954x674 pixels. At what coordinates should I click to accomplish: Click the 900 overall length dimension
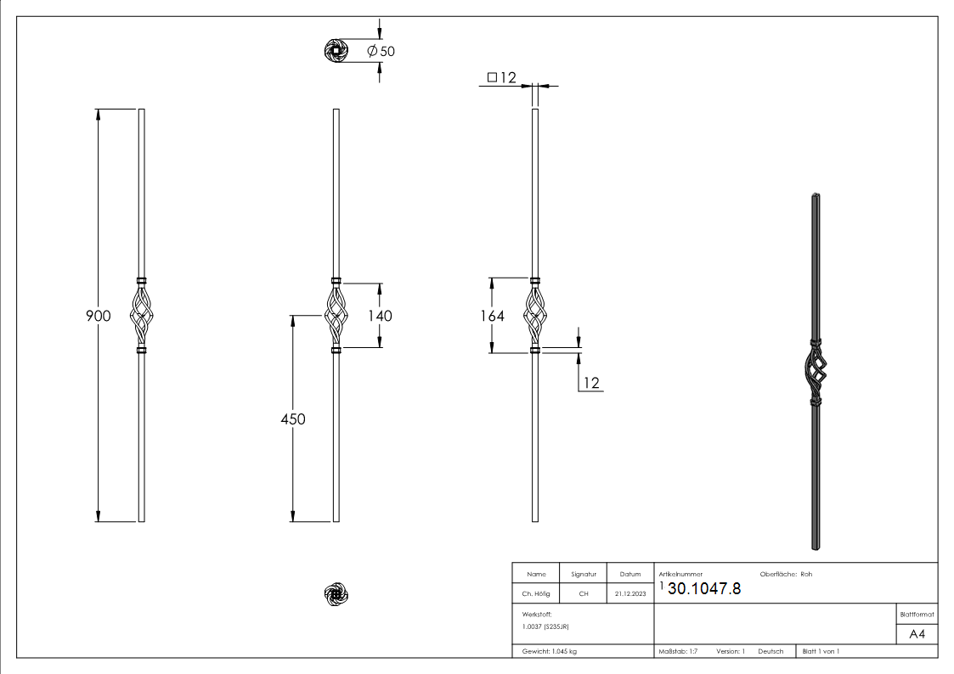[99, 316]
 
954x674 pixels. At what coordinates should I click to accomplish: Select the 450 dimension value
[293, 419]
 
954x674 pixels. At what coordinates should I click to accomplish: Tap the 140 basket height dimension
[380, 316]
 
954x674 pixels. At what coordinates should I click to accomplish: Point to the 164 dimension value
[491, 316]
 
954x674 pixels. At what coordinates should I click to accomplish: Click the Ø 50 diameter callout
[381, 51]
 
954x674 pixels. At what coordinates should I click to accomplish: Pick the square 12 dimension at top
[502, 78]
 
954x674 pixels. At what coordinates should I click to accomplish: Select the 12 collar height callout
[591, 384]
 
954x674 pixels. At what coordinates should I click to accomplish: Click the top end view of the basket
[337, 52]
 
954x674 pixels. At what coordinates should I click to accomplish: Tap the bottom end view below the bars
[337, 595]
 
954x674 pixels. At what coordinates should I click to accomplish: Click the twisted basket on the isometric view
[815, 373]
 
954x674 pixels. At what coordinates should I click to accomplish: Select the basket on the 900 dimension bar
[142, 316]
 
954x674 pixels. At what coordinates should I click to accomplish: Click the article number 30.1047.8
[704, 589]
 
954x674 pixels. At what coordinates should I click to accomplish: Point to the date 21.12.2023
[629, 594]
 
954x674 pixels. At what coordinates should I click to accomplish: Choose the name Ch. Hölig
[536, 594]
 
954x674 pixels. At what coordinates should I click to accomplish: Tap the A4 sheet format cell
[917, 634]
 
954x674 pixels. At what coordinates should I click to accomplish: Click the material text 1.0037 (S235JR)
[546, 626]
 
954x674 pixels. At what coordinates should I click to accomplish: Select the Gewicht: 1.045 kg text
[550, 651]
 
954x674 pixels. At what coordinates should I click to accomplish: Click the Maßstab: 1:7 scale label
[678, 651]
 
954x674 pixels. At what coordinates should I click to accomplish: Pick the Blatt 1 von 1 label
[821, 651]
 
